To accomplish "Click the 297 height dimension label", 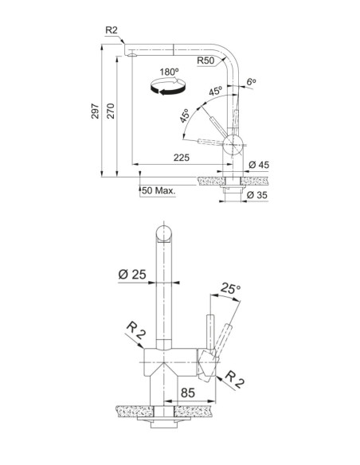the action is click(95, 111).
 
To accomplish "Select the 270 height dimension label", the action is click(111, 111).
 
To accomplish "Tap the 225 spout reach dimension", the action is click(181, 158).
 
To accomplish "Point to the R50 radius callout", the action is click(205, 61).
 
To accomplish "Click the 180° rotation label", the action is click(169, 72).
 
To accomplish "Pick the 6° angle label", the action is click(252, 81).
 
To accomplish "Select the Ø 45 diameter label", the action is click(259, 165).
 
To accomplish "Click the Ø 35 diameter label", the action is click(257, 195).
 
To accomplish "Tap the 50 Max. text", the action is click(158, 190).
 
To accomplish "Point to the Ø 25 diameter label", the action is click(132, 275).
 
